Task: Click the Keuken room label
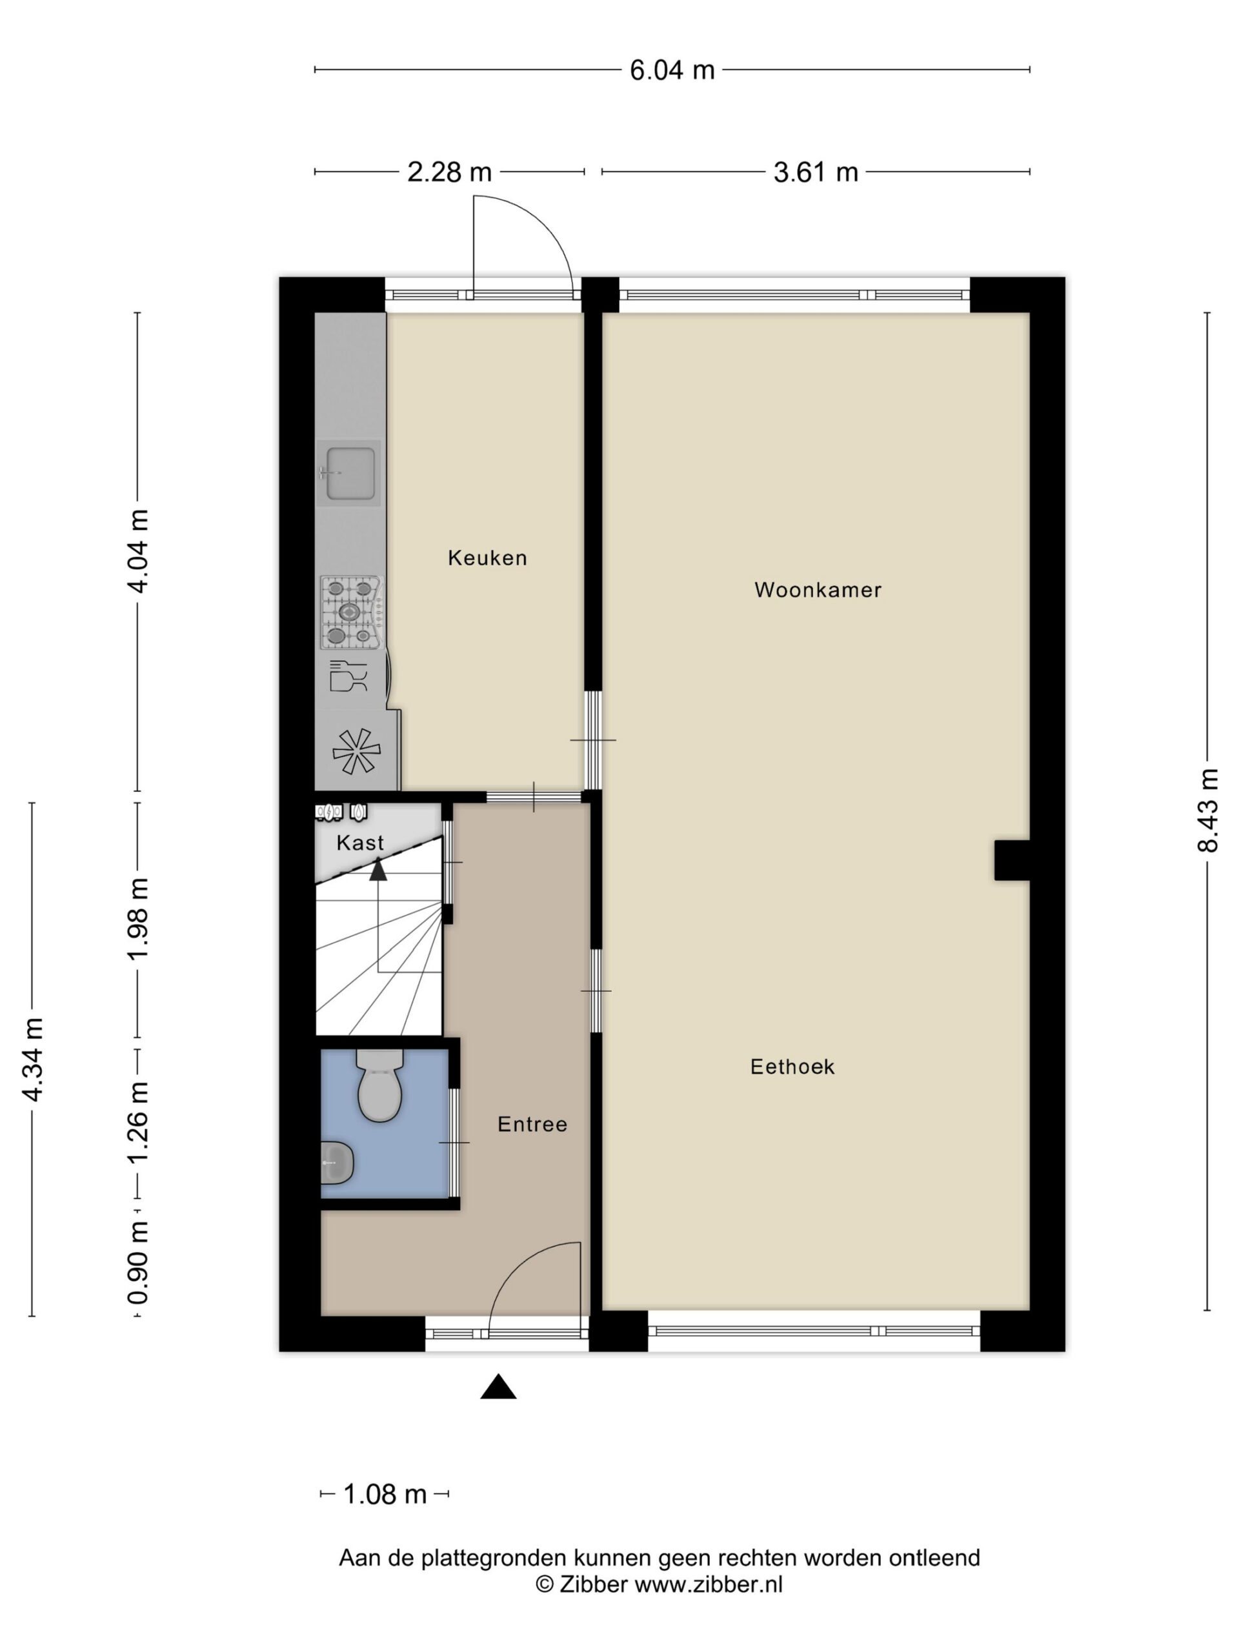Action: [487, 558]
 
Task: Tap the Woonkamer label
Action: [818, 590]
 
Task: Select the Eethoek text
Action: [792, 1067]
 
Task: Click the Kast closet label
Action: [360, 843]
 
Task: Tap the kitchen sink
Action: [348, 473]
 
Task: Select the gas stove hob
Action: [352, 612]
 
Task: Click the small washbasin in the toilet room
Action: [337, 1163]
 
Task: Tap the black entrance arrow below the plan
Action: [498, 1386]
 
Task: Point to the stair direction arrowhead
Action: [378, 869]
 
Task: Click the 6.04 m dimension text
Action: [672, 70]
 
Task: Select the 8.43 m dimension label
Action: [1207, 811]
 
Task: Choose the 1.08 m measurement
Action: [385, 1495]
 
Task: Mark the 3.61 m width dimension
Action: [816, 172]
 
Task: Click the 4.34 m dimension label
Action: [33, 1059]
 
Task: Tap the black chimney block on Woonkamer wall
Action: [1012, 860]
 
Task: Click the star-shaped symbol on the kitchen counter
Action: [356, 751]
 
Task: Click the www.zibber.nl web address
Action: [708, 1585]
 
